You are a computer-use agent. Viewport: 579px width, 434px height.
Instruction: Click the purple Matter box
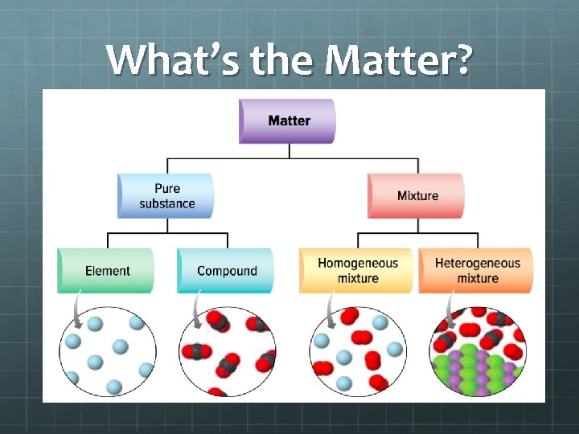[288, 121]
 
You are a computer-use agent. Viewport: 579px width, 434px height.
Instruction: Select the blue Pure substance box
[166, 195]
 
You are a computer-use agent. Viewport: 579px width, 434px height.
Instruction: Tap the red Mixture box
[417, 195]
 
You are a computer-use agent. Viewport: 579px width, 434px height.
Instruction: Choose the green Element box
[106, 271]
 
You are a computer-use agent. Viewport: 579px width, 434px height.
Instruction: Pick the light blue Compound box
[226, 271]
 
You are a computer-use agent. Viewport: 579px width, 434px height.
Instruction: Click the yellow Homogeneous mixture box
[357, 271]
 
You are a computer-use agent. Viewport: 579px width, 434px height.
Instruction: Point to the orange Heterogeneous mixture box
[477, 271]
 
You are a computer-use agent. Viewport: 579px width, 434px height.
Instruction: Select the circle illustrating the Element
[107, 352]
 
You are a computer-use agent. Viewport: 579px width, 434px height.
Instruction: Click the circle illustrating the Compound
[228, 352]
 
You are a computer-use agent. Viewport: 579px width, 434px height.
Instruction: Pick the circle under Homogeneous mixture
[358, 352]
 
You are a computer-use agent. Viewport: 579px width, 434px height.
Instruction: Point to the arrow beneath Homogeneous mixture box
[329, 310]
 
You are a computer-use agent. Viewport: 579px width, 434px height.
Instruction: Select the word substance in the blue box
[166, 203]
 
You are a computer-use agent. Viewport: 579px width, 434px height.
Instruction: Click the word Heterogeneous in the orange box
[478, 263]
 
